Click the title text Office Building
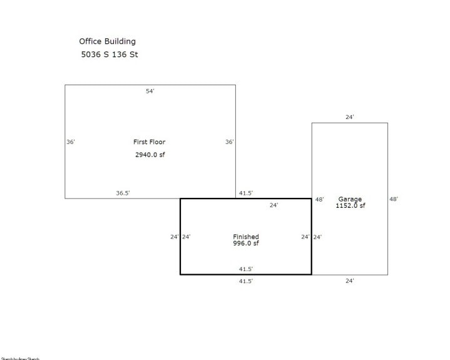tap(107, 41)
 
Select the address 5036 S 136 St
tap(110, 54)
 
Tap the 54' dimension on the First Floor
tap(150, 91)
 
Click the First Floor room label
tap(150, 142)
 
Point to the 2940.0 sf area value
tap(150, 154)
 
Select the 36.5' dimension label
tap(123, 193)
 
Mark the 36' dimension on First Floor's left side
tap(71, 142)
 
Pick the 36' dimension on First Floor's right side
tap(230, 142)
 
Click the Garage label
tap(350, 199)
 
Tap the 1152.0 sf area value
tap(350, 205)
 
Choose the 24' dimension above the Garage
tap(350, 117)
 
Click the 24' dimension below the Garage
tap(350, 281)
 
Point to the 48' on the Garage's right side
tap(394, 199)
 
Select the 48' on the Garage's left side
tap(319, 199)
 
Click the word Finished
tap(245, 237)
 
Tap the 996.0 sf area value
tap(245, 243)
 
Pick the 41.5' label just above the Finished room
tap(245, 193)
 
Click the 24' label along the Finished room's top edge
tap(274, 205)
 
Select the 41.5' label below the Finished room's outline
tap(245, 281)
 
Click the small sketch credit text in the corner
tap(20, 358)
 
